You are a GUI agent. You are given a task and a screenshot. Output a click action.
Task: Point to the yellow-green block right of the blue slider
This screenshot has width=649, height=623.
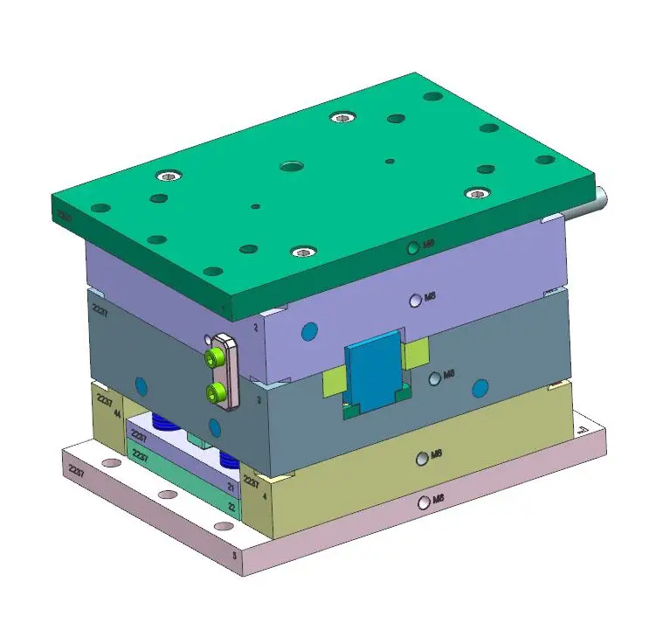[x=416, y=350]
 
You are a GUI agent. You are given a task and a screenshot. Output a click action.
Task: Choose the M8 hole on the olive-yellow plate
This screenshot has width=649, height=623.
[x=423, y=456]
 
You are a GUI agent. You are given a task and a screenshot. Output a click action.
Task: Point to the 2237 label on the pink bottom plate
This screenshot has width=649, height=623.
[x=77, y=469]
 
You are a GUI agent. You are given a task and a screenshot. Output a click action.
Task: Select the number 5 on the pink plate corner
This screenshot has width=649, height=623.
[x=233, y=554]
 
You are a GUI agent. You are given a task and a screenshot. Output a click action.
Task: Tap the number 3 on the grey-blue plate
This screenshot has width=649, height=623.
[x=259, y=399]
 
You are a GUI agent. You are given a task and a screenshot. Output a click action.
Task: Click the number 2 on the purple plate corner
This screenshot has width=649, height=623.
[x=255, y=327]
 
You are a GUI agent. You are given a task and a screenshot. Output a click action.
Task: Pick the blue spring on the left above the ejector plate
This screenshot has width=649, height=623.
[x=164, y=424]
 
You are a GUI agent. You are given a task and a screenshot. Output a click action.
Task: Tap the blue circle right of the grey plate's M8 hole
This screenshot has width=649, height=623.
[x=479, y=387]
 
